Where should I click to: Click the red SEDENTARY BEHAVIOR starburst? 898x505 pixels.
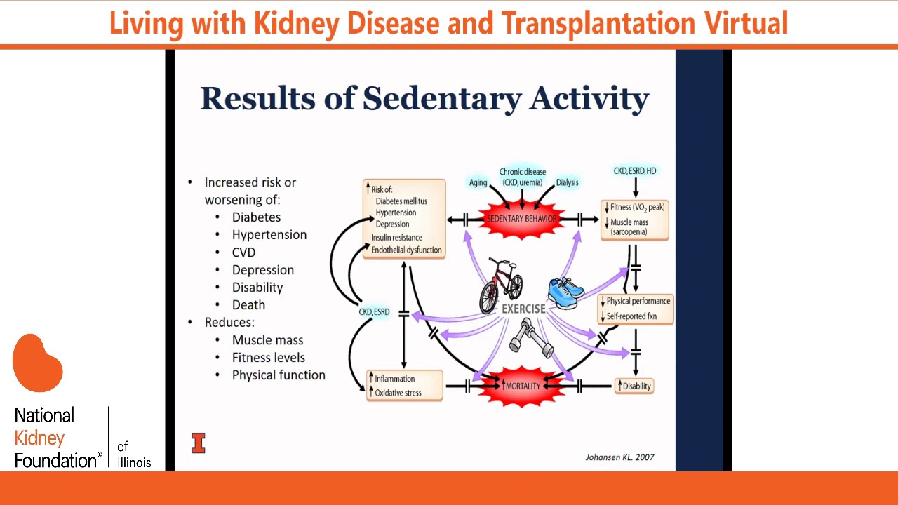pyautogui.click(x=522, y=219)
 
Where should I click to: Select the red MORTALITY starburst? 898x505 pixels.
pyautogui.click(x=522, y=386)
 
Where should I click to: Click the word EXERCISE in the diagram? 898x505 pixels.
pyautogui.click(x=523, y=309)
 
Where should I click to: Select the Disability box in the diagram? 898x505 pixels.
pyautogui.click(x=634, y=386)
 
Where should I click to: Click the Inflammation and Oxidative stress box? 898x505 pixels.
pyautogui.click(x=404, y=386)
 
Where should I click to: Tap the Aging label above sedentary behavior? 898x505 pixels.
pyautogui.click(x=478, y=182)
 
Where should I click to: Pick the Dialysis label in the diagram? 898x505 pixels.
pyautogui.click(x=567, y=182)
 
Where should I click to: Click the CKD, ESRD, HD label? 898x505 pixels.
pyautogui.click(x=634, y=171)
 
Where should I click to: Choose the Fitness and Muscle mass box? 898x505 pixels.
pyautogui.click(x=634, y=220)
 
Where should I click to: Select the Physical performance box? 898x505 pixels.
pyautogui.click(x=636, y=309)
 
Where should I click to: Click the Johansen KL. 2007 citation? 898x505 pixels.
pyautogui.click(x=619, y=457)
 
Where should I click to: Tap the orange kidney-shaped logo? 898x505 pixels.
pyautogui.click(x=38, y=363)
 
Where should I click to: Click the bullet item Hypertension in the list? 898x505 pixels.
pyautogui.click(x=269, y=235)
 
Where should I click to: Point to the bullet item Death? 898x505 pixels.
pyautogui.click(x=248, y=305)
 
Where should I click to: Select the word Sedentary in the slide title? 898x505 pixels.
pyautogui.click(x=442, y=98)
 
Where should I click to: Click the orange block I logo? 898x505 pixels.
pyautogui.click(x=199, y=443)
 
